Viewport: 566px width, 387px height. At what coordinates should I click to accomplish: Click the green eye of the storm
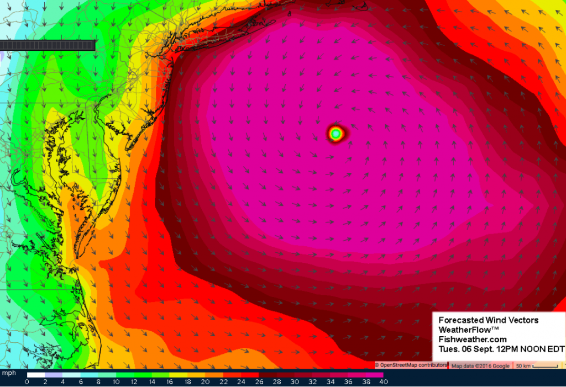335,133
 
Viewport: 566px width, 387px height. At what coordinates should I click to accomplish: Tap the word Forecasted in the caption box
461,320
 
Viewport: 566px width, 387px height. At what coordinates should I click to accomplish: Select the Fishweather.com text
473,340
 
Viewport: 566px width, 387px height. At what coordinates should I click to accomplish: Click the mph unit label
9,374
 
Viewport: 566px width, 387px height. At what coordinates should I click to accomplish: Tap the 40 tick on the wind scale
382,381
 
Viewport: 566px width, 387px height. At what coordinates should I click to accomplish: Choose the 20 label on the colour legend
205,381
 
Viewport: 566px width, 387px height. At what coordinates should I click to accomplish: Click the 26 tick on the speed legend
258,381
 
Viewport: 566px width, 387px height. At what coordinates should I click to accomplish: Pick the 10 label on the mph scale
116,381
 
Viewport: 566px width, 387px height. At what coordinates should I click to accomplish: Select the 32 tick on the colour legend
311,381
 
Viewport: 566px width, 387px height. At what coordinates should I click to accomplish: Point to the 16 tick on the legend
169,381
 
